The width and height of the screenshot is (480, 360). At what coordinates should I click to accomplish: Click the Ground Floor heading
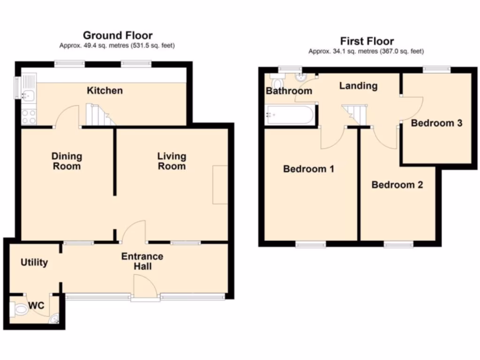pos(117,36)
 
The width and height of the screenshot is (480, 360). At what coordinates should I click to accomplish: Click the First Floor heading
pos(367,41)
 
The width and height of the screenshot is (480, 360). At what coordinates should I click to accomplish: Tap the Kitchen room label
pos(105,90)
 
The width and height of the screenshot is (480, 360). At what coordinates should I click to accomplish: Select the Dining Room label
pos(66,161)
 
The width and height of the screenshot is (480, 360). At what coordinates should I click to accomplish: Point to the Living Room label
pos(171,161)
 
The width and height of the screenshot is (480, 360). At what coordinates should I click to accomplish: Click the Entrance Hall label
pos(142,262)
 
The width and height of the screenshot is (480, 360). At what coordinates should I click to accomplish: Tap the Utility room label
pos(34,262)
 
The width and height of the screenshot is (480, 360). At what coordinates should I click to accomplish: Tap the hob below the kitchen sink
pos(29,116)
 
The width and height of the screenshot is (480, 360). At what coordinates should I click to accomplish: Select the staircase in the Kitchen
pos(99,115)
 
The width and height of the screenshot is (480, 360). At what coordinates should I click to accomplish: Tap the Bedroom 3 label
pos(436,123)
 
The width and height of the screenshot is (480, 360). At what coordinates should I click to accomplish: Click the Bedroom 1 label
pos(308,169)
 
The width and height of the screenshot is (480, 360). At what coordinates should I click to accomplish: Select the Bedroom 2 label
pos(397,185)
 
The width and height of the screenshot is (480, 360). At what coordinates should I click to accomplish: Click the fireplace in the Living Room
pos(220,184)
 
